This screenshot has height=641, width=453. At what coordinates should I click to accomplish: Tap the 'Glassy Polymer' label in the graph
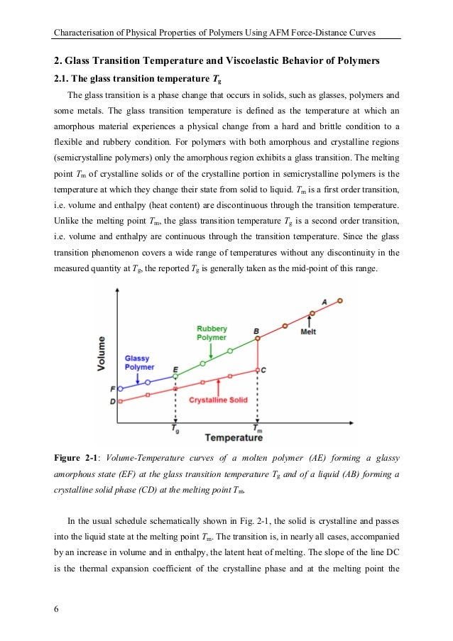pyautogui.click(x=139, y=363)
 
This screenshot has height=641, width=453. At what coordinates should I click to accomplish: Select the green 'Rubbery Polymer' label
pyautogui.click(x=212, y=333)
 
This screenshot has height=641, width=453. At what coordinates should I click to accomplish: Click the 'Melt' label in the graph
pyautogui.click(x=309, y=332)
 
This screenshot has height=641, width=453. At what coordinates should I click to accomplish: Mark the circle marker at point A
pyautogui.click(x=339, y=301)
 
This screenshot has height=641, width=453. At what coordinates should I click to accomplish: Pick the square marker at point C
pyautogui.click(x=257, y=369)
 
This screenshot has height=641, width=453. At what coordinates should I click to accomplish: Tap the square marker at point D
pyautogui.click(x=120, y=402)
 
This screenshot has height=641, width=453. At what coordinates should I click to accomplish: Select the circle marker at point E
pyautogui.click(x=175, y=376)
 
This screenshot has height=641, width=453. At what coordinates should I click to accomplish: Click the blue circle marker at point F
pyautogui.click(x=120, y=389)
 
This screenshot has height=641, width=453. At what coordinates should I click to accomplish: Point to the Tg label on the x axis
pyautogui.click(x=175, y=429)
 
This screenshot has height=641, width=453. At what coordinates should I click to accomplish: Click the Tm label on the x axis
pyautogui.click(x=258, y=429)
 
